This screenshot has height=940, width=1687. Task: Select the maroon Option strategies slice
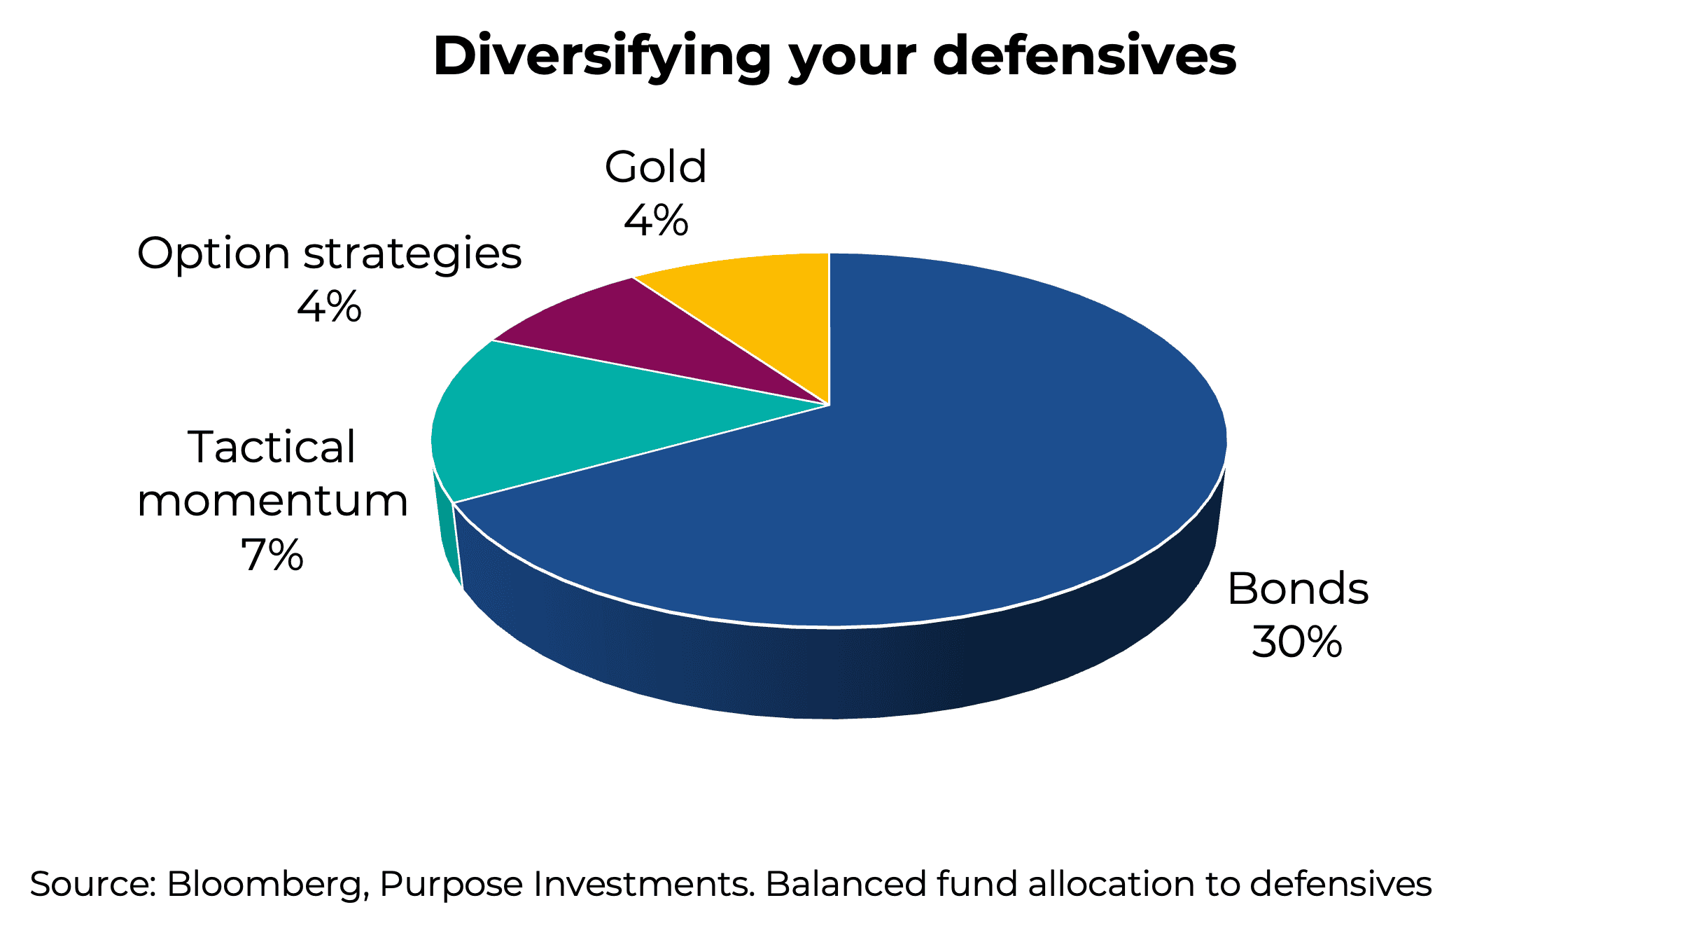point(630,336)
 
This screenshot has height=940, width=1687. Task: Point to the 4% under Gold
point(655,221)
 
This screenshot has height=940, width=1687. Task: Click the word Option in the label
point(213,254)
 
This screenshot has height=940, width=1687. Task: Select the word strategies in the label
point(412,254)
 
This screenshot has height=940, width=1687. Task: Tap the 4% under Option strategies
point(329,307)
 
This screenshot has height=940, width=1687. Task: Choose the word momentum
point(272,502)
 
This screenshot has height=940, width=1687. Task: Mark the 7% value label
point(272,555)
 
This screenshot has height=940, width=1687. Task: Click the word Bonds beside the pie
point(1297,588)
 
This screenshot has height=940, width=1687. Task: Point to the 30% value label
point(1297,642)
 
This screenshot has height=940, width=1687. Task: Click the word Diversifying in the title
point(602,56)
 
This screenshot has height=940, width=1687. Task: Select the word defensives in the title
point(1084,56)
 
